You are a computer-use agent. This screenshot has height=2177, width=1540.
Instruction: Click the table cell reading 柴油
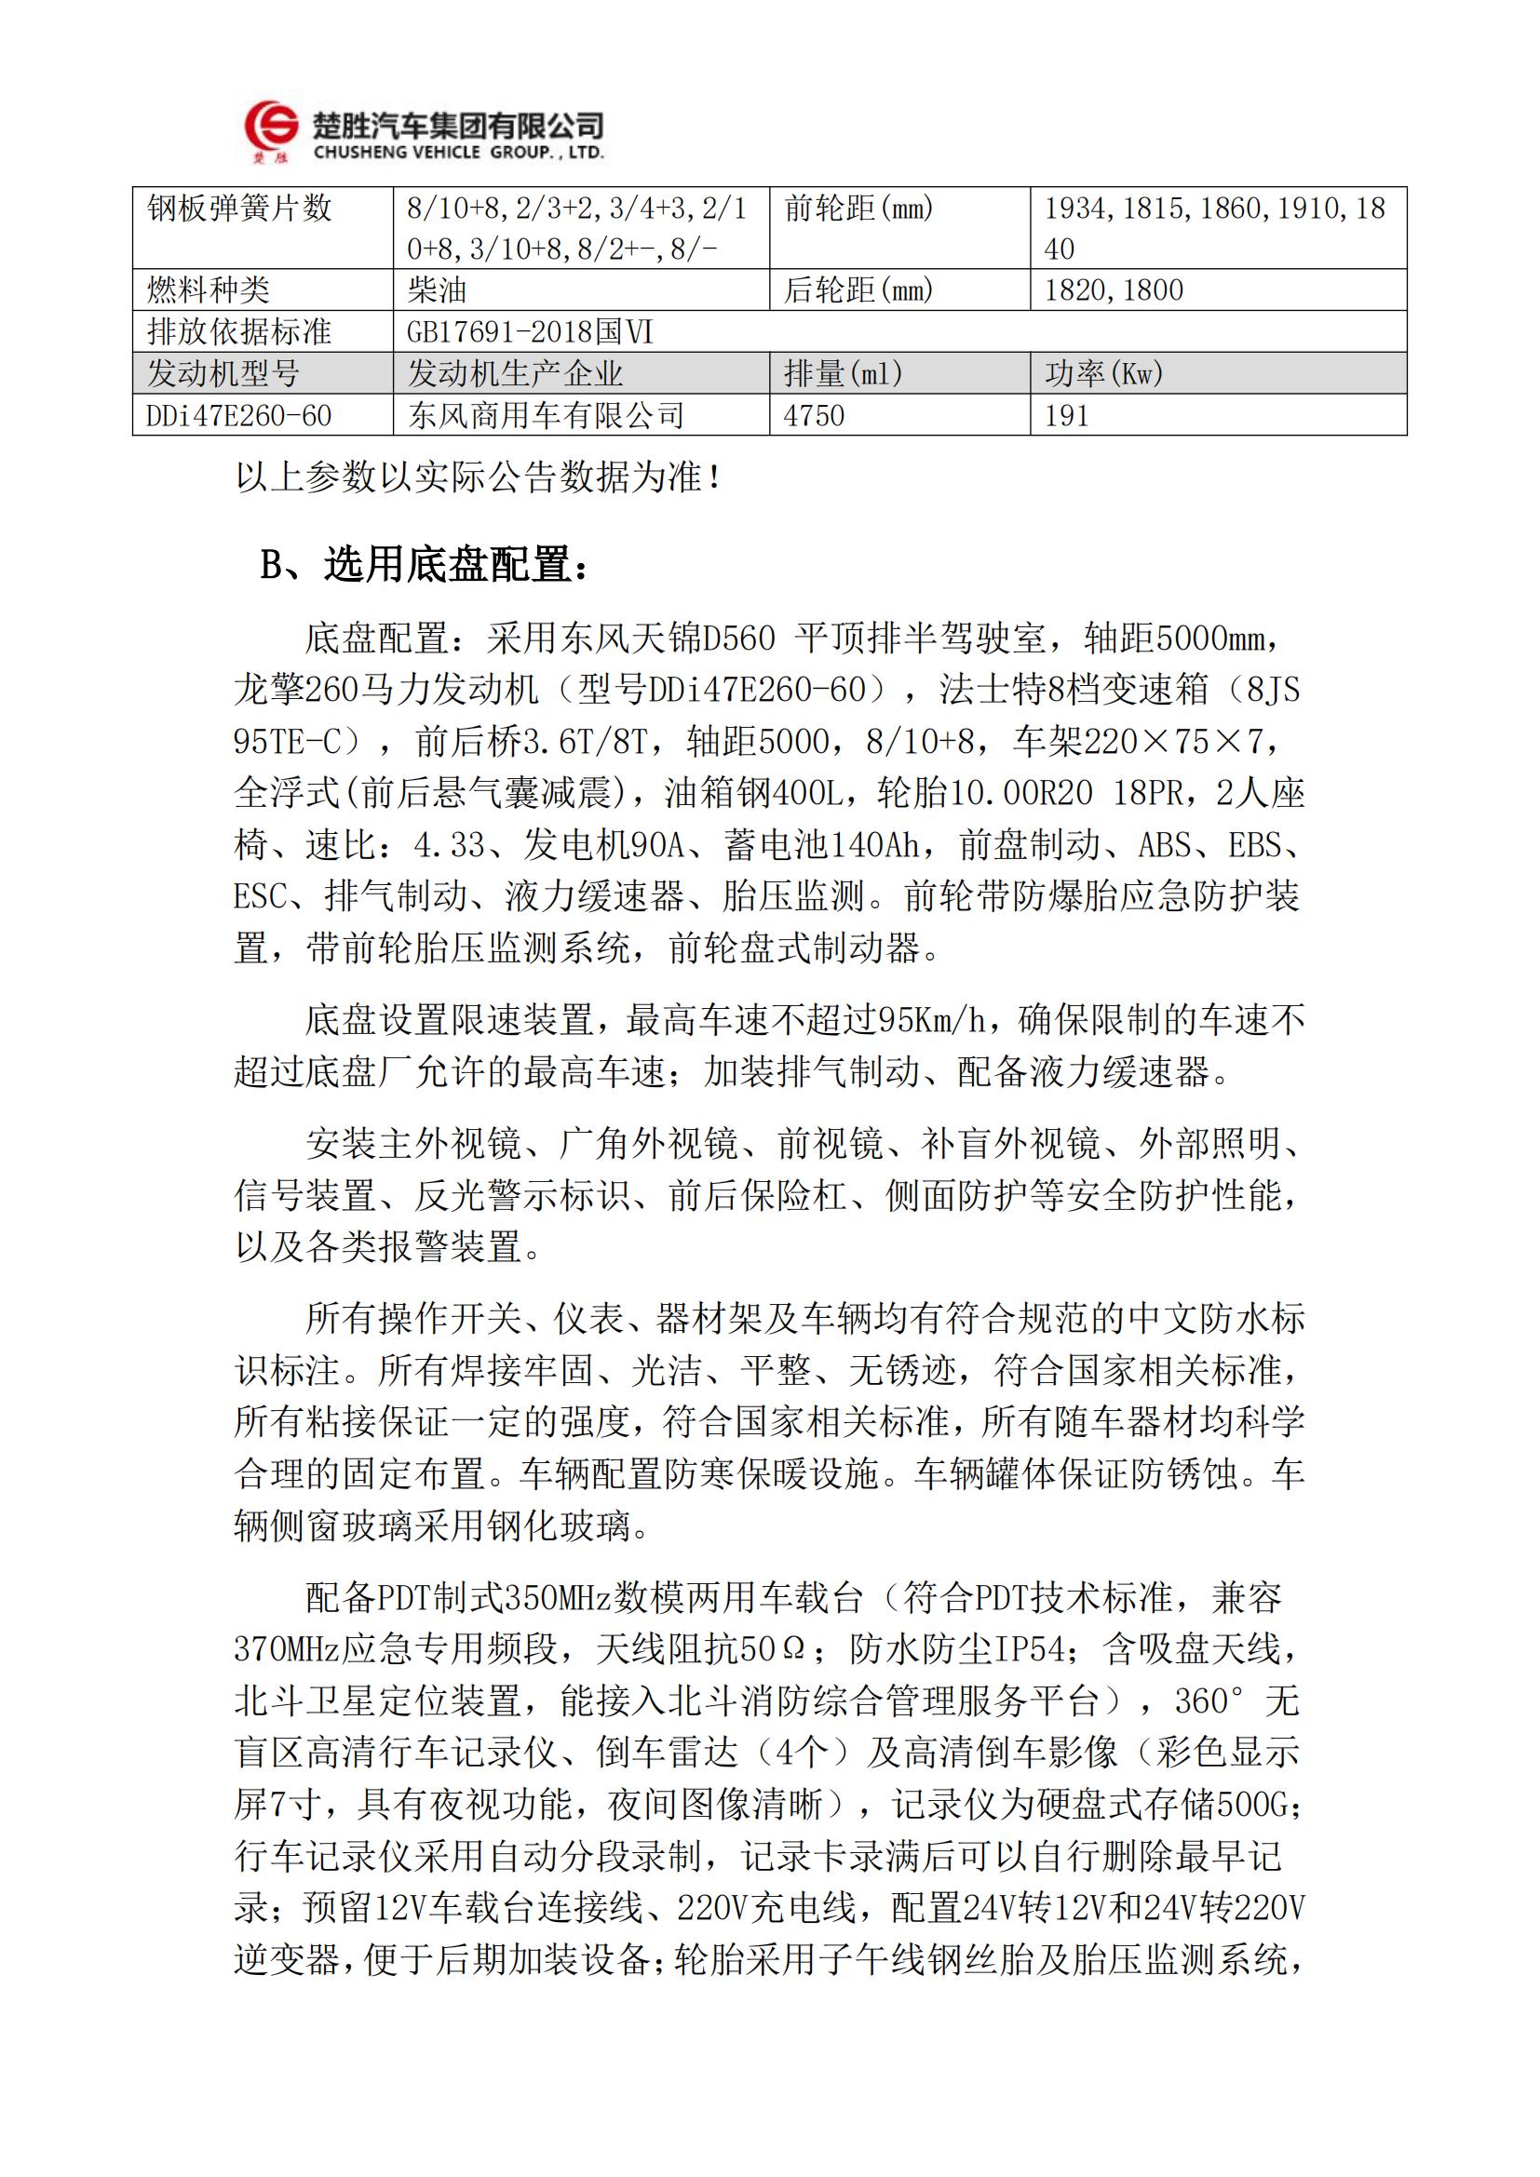(x=436, y=290)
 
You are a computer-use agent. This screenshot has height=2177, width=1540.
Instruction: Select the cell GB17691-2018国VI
(x=530, y=332)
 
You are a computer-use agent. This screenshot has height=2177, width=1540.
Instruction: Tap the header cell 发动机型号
(x=223, y=373)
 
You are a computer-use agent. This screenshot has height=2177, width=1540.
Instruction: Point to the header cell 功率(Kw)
(x=1104, y=373)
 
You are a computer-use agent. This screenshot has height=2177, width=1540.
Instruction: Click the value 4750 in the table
(x=814, y=415)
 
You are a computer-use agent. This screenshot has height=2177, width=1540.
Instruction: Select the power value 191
(x=1067, y=415)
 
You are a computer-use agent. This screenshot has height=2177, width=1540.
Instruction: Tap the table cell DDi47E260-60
(x=239, y=415)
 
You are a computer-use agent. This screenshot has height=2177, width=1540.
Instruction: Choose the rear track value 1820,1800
(x=1114, y=290)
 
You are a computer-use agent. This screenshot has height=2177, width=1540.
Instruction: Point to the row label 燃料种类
(x=209, y=290)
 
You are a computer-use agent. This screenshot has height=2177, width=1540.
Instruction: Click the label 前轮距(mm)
(x=858, y=208)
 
